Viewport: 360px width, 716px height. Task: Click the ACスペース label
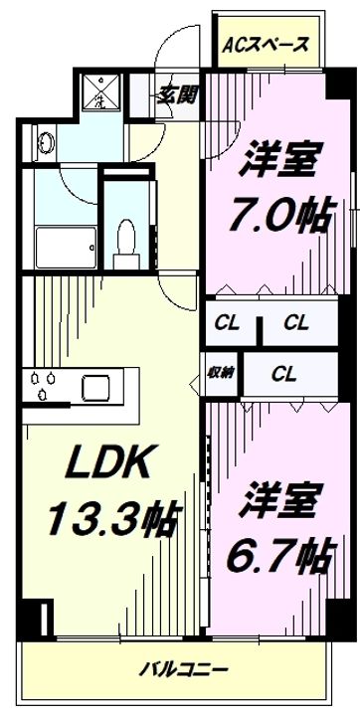(266, 45)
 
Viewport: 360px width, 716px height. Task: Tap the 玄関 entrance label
(176, 95)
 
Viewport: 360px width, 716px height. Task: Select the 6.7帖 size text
(283, 550)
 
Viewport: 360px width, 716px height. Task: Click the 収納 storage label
(220, 374)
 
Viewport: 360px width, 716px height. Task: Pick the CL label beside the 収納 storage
(285, 374)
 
